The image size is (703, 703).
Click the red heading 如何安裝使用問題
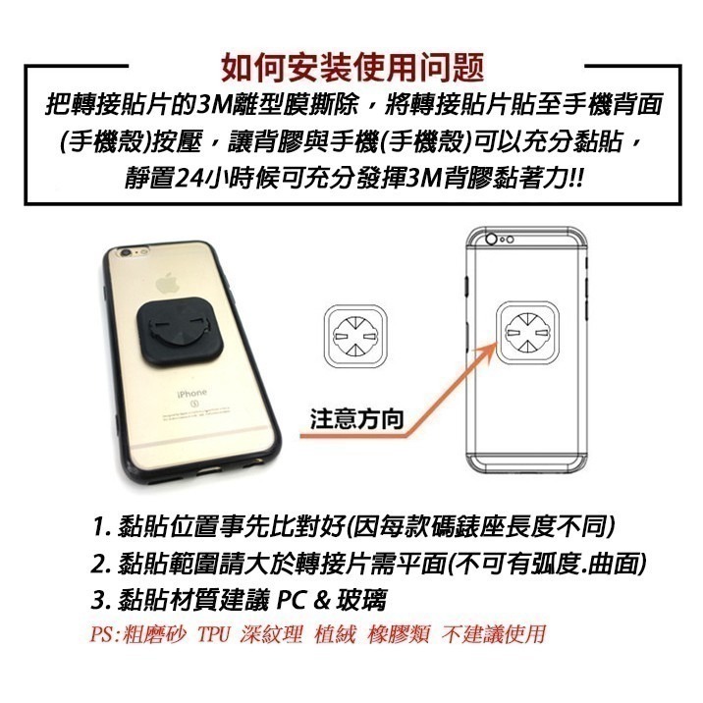pyautogui.click(x=351, y=67)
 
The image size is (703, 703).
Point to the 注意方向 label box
pyautogui.click(x=356, y=419)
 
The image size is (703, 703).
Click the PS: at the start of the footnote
pyautogui.click(x=106, y=633)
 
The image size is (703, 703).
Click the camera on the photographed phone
pyautogui.click(x=127, y=263)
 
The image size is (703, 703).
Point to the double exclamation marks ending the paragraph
pyautogui.click(x=575, y=178)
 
